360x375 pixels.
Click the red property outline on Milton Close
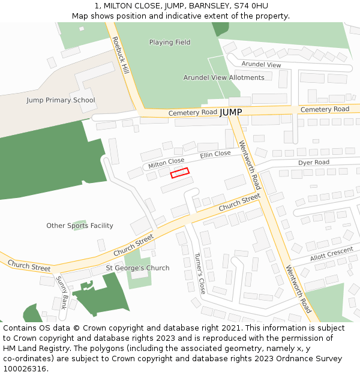pos(179,173)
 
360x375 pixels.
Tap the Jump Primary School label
pos(61,100)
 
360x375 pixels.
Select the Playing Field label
pos(170,43)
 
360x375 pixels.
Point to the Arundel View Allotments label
pos(224,78)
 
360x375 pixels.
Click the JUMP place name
pos(231,112)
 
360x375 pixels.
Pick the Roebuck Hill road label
pos(121,55)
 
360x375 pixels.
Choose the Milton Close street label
pos(166,162)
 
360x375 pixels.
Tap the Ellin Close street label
pos(215,154)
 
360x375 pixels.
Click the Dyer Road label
pos(314,163)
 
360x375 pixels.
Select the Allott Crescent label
pos(331,254)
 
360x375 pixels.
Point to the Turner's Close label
pos(200,273)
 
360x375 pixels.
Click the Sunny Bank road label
pos(62,292)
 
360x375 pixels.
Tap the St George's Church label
pos(137,268)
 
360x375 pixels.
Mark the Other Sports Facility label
pos(80,226)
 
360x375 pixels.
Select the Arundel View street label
pos(261,65)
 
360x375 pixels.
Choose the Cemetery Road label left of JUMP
pos(193,113)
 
